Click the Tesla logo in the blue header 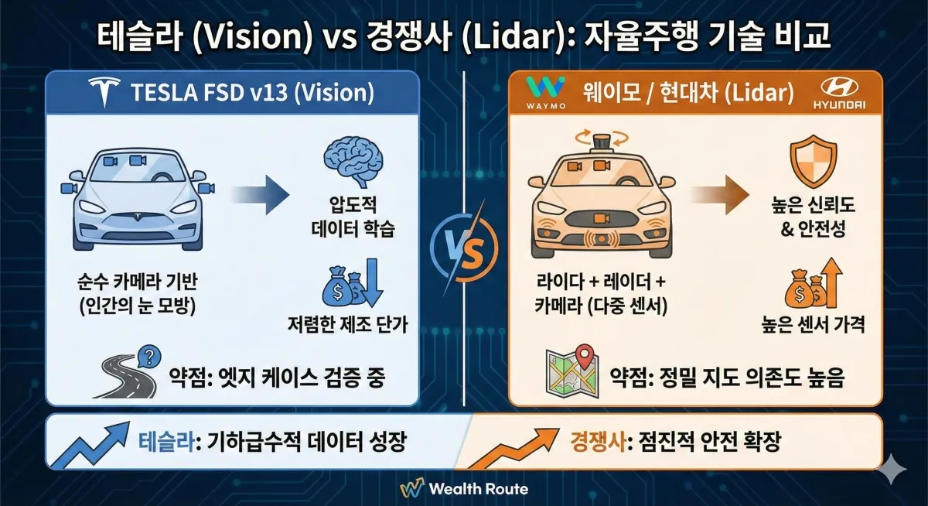pyautogui.click(x=102, y=94)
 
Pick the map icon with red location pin pyautogui.click(x=571, y=369)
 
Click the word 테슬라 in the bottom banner pyautogui.click(x=166, y=443)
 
